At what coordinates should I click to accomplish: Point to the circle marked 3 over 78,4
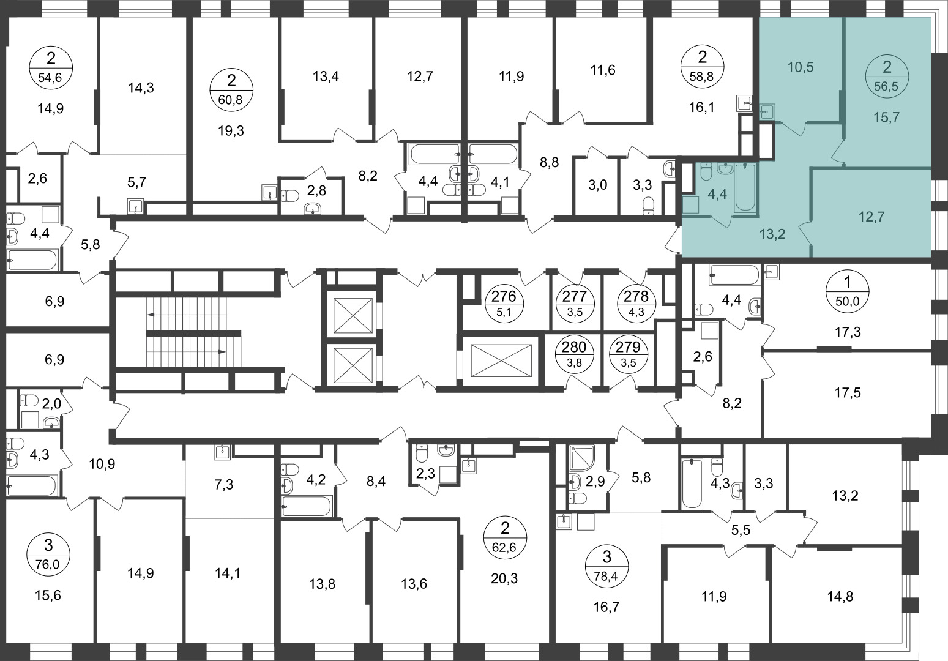[x=607, y=565]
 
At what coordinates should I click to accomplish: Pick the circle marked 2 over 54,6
[x=51, y=68]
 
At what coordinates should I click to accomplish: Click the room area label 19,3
[x=231, y=131]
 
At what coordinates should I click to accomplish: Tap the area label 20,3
[x=504, y=578]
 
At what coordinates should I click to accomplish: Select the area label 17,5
[x=848, y=393]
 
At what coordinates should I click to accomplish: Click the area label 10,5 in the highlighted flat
[x=801, y=67]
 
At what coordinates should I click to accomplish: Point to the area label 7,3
[x=223, y=485]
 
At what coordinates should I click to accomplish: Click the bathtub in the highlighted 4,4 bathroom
[x=745, y=187]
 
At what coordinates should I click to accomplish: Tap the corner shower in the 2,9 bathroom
[x=582, y=458]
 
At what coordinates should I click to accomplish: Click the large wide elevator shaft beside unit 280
[x=501, y=360]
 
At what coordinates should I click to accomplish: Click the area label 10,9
[x=102, y=464]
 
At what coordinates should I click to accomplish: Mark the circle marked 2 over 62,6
[x=505, y=538]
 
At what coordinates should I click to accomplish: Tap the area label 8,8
[x=550, y=163]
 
